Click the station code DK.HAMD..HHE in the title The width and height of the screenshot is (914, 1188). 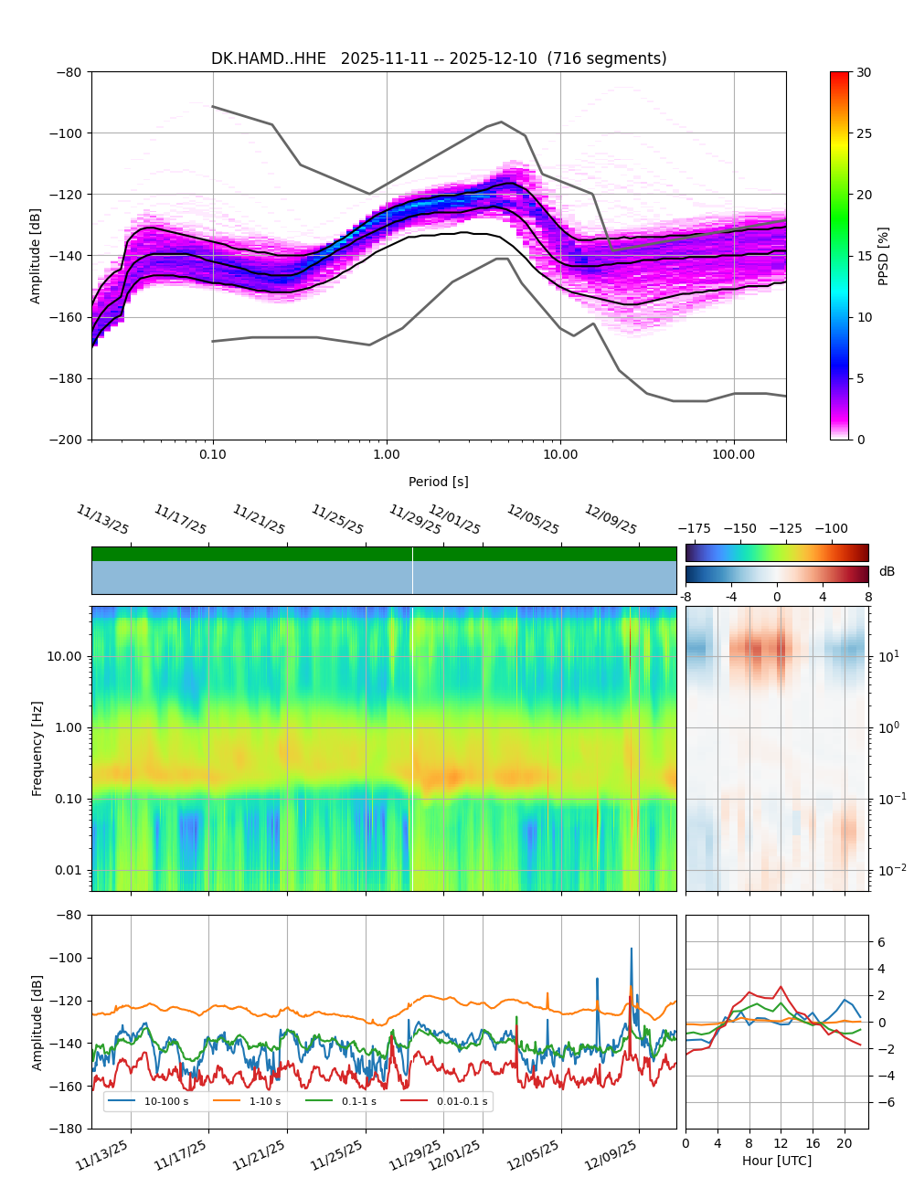coord(268,58)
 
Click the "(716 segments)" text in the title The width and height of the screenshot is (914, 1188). coord(607,58)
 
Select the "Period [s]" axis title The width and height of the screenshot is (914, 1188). coord(438,482)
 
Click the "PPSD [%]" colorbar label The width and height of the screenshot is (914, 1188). coord(884,256)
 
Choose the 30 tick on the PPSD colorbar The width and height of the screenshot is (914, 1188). coord(864,72)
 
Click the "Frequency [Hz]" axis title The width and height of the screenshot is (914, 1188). coord(37,748)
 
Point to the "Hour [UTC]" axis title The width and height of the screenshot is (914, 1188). coord(776,1161)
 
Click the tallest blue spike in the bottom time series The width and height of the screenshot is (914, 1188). coord(631,949)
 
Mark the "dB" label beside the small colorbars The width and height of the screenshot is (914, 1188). coord(887,572)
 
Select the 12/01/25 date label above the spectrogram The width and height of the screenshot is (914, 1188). coord(454,520)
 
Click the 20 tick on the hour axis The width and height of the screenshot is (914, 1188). coord(845,1143)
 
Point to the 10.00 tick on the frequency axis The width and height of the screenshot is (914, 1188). coord(64,656)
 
